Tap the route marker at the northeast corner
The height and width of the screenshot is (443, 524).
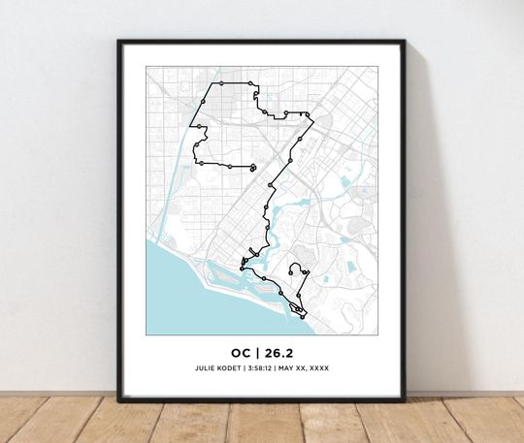pos(311,117)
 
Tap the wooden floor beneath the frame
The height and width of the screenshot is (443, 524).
pos(262,422)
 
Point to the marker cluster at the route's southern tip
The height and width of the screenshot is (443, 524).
pos(299,311)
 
